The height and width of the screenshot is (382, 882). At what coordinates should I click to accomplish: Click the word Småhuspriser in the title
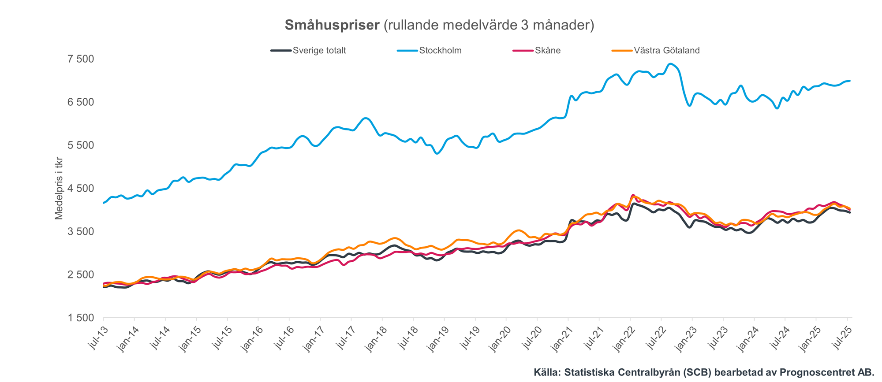[x=332, y=25]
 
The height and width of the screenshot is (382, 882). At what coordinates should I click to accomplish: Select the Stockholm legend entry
[x=440, y=51]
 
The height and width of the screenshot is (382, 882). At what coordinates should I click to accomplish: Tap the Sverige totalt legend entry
[x=319, y=51]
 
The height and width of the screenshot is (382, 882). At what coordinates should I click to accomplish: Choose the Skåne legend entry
[x=547, y=51]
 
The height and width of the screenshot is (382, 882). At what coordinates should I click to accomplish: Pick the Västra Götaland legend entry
[x=666, y=51]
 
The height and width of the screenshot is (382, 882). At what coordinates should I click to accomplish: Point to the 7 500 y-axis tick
[x=82, y=59]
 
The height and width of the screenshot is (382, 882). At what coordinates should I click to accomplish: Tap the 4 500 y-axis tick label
[x=82, y=189]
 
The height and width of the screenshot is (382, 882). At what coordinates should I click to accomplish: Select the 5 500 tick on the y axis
[x=82, y=145]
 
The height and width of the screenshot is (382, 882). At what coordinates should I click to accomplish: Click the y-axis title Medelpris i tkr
[x=59, y=188]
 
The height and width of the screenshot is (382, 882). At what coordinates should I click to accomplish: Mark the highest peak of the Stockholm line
[x=670, y=64]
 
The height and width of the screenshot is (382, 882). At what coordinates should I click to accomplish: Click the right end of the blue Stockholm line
[x=850, y=81]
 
